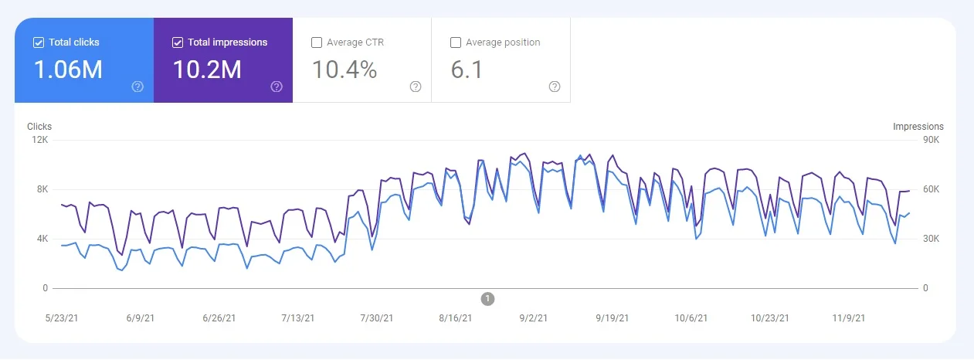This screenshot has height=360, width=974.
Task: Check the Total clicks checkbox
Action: click(x=39, y=42)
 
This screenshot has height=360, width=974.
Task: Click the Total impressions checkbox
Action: click(x=178, y=42)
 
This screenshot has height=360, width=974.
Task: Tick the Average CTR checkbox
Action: click(x=317, y=42)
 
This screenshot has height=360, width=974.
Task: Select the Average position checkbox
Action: click(x=456, y=42)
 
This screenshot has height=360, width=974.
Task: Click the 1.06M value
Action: click(x=68, y=70)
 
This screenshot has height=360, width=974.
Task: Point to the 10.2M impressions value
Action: click(x=206, y=70)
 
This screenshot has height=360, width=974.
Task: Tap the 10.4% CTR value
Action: click(x=344, y=70)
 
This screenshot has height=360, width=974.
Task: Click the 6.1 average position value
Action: click(x=467, y=70)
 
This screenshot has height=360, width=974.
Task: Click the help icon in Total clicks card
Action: click(x=137, y=87)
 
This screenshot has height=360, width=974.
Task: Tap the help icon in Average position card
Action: click(x=554, y=87)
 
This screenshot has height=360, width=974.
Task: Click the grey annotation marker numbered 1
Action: click(x=487, y=298)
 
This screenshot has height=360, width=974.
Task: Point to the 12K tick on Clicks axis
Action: click(x=39, y=140)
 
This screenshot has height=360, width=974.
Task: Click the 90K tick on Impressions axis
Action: click(x=931, y=140)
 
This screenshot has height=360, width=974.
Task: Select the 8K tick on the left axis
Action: click(x=42, y=189)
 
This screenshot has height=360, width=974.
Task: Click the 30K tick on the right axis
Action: click(x=931, y=239)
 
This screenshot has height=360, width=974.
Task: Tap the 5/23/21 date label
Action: click(x=62, y=318)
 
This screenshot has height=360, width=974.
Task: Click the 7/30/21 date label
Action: click(x=376, y=318)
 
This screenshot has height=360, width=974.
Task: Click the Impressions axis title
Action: click(x=918, y=127)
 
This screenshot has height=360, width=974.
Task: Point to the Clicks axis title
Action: click(x=39, y=127)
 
